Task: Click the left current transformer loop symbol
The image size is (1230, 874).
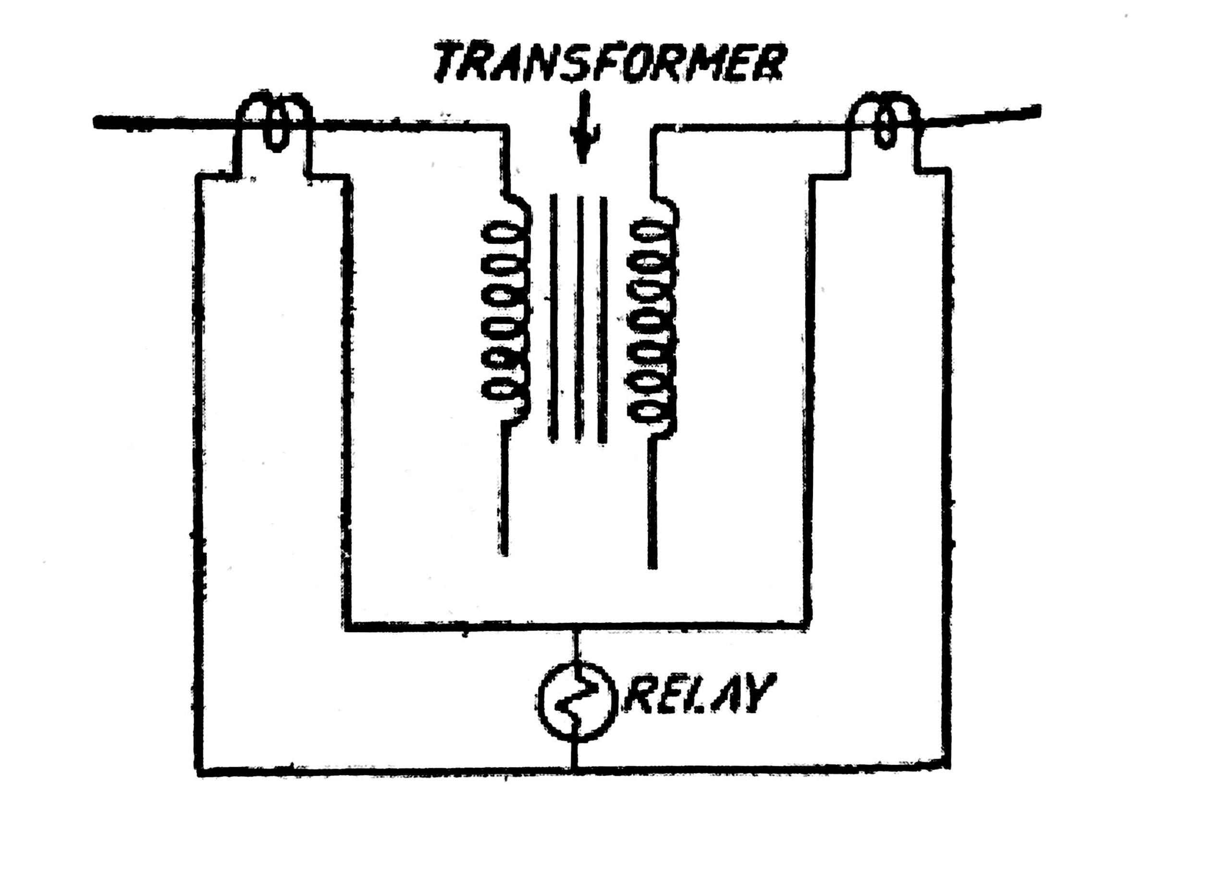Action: [275, 120]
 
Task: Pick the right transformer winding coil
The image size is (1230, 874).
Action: [652, 320]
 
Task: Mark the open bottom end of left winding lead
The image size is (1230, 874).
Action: [504, 554]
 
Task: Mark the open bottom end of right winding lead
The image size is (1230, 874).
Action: [652, 567]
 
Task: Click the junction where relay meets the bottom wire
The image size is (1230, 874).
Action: [576, 772]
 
